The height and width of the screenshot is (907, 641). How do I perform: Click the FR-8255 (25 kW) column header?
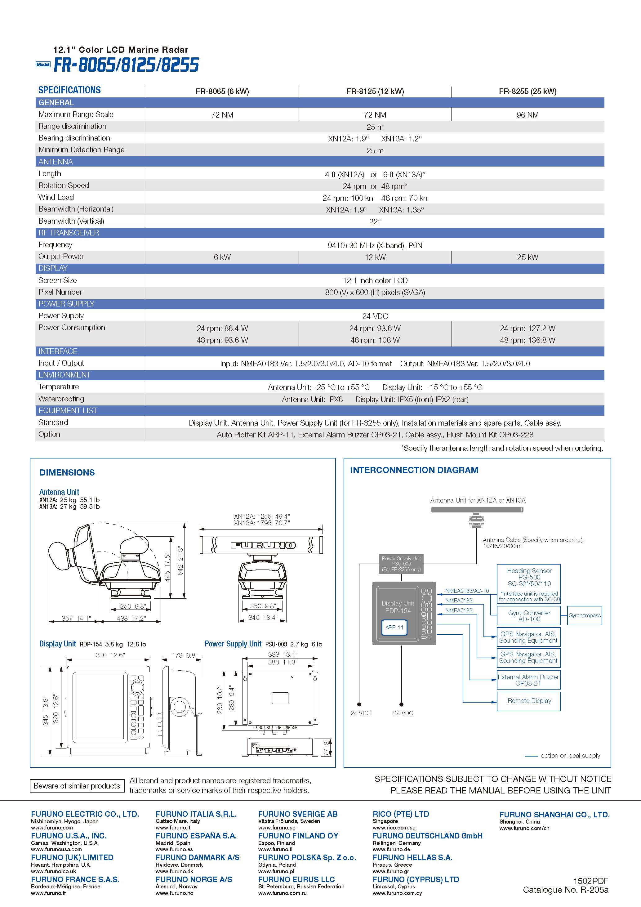point(527,91)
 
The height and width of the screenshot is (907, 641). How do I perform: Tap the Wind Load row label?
point(56,197)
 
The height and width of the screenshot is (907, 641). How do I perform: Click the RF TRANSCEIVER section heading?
point(69,233)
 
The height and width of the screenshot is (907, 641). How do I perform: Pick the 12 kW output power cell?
point(375,257)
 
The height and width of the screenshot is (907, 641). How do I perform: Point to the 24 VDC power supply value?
point(375,316)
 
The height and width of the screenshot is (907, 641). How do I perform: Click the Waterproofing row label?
point(61,399)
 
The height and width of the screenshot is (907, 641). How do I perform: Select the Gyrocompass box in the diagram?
point(585,615)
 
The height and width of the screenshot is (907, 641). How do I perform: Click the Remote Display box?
point(528,700)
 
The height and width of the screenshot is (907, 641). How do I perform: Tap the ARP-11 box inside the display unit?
point(394,627)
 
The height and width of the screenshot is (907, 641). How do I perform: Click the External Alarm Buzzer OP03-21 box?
point(528,680)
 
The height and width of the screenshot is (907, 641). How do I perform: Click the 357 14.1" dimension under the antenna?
point(76,618)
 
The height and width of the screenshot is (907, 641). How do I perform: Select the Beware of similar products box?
point(77,786)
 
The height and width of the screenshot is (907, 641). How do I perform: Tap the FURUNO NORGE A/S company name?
point(194,879)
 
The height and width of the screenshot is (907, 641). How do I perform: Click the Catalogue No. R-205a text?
point(566,890)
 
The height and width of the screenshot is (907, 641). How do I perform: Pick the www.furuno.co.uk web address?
point(54,871)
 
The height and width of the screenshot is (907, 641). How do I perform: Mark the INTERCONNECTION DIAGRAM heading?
point(414,470)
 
